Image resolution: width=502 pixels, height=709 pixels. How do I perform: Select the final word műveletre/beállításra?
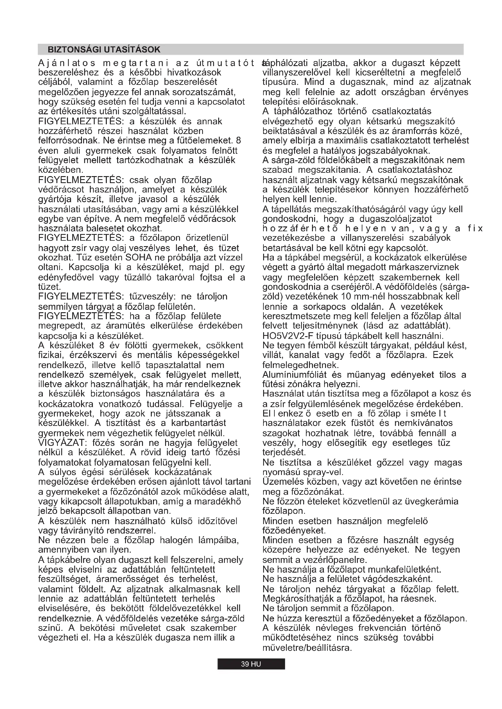(307, 647)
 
